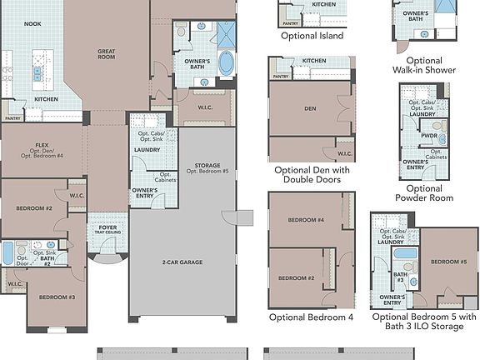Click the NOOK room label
point(32,23)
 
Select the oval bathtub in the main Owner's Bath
point(226,63)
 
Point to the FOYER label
point(108,227)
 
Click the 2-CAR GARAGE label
point(182,262)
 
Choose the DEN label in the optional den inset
point(309,108)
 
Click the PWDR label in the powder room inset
point(429,135)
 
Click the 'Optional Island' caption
point(311,36)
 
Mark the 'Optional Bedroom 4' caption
point(311,317)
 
